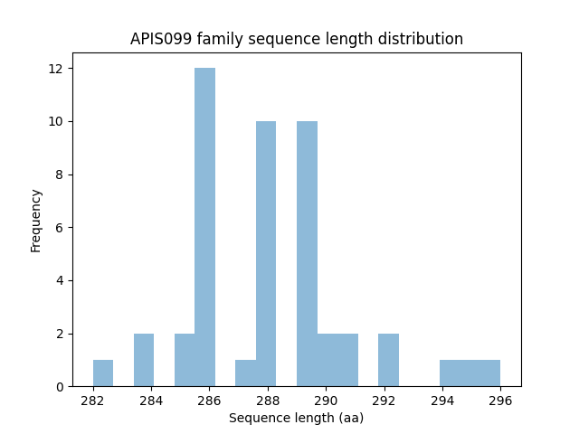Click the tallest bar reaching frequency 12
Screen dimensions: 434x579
204,227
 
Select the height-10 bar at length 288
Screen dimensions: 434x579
266,253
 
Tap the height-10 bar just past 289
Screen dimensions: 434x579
307,253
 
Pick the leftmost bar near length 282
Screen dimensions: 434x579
103,373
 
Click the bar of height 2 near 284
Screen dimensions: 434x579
144,360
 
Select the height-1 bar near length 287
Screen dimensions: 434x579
245,373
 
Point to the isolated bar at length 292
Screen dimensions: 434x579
388,360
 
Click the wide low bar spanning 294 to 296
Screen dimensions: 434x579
470,373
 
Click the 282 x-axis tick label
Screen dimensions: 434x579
92,401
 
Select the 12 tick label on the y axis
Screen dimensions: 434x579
55,69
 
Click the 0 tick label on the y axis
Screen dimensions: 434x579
59,387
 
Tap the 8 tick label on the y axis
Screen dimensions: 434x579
59,175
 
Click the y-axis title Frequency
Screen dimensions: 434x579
36,220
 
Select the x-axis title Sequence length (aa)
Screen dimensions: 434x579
296,418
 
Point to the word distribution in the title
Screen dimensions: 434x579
422,39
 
